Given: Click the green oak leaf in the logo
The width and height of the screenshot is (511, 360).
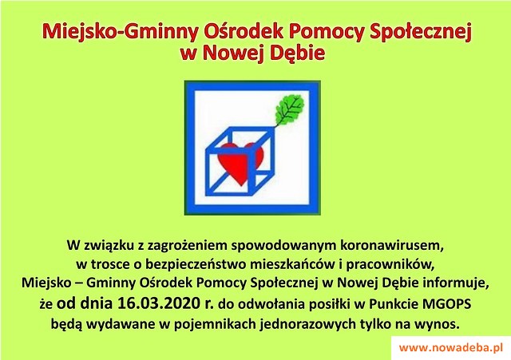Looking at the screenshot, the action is (x=290, y=109).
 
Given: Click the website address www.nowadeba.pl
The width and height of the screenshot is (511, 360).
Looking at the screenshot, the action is (x=451, y=347).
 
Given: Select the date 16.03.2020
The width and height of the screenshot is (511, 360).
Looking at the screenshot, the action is (x=159, y=303).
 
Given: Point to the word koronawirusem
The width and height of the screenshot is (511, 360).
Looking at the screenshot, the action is (x=392, y=245).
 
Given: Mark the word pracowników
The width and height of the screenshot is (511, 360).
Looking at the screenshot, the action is (x=390, y=265).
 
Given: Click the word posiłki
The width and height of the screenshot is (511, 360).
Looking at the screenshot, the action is (x=330, y=304).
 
